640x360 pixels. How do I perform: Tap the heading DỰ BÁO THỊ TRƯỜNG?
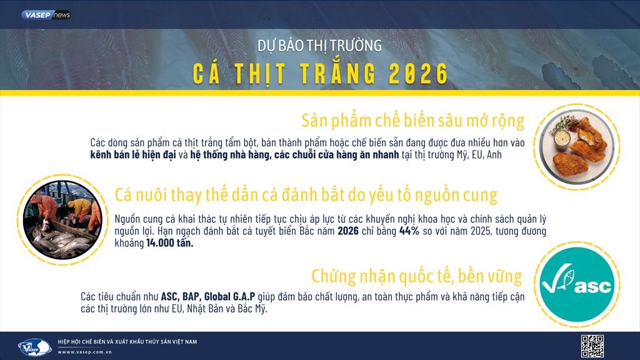319,46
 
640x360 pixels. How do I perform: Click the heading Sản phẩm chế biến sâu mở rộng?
412,120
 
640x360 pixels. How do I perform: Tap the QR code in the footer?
592,346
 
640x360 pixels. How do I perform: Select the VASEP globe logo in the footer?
35,346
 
